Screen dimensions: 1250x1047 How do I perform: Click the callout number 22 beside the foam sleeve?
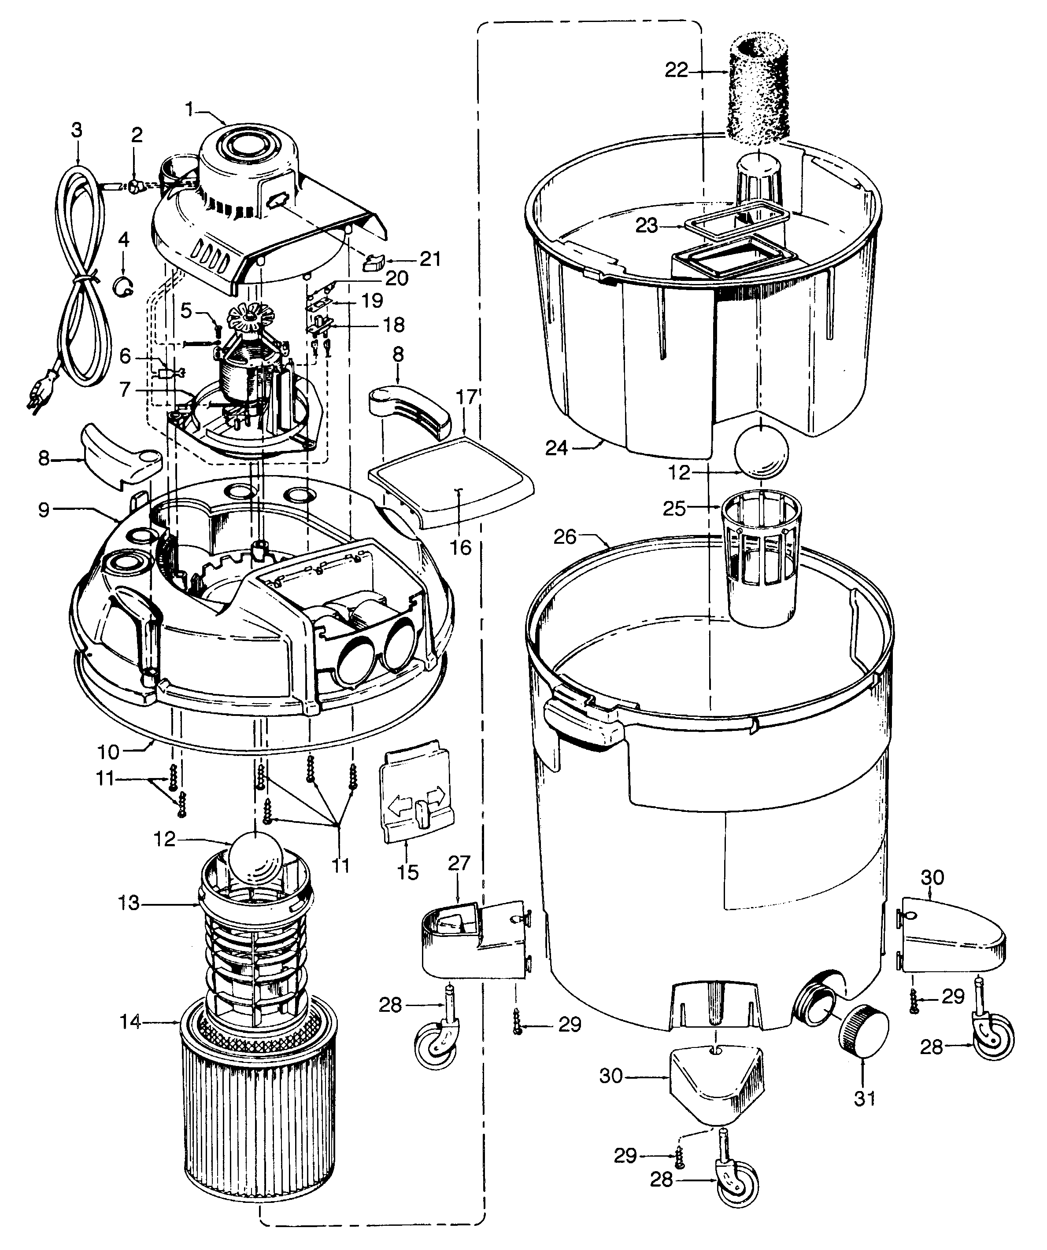676,70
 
